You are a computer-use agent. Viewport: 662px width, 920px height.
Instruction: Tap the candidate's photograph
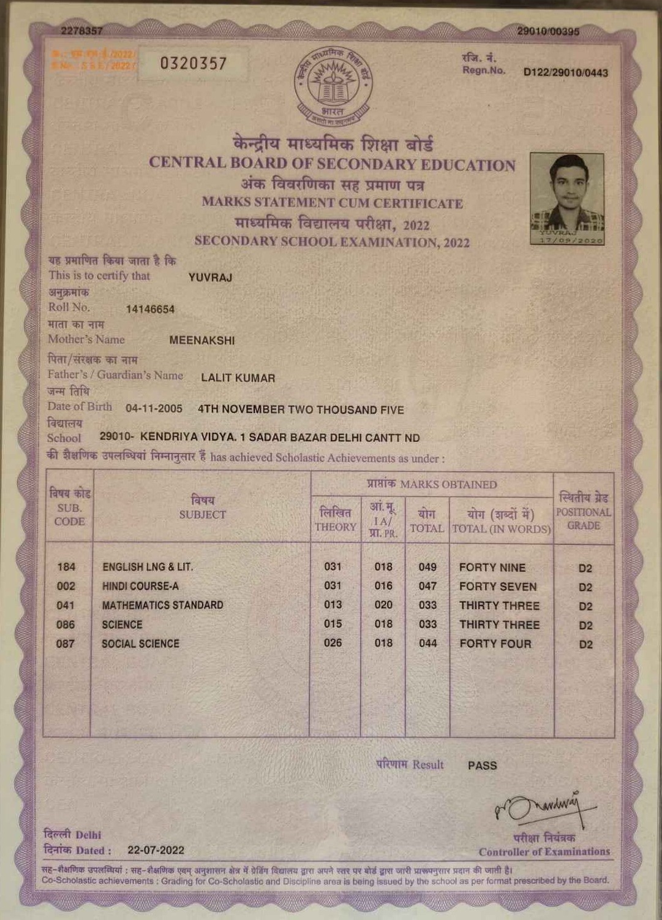click(567, 199)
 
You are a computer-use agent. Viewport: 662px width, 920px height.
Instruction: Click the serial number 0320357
click(194, 64)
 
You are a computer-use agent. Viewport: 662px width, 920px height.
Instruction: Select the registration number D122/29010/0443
click(565, 73)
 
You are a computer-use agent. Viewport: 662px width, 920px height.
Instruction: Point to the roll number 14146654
click(150, 310)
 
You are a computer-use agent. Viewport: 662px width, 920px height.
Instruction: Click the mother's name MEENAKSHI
click(202, 341)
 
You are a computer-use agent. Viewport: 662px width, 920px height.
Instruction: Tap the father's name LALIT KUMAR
click(238, 378)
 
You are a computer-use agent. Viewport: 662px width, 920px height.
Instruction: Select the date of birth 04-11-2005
click(154, 409)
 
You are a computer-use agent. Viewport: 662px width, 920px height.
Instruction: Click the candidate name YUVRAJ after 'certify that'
click(210, 278)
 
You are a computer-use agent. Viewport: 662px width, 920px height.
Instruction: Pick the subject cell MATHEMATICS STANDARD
click(162, 606)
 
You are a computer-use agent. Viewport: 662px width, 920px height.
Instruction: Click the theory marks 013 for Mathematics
click(333, 605)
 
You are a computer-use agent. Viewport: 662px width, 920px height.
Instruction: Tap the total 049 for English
click(427, 567)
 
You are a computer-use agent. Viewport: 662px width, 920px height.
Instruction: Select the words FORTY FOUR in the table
click(495, 644)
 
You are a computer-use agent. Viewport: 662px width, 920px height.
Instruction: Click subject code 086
click(66, 625)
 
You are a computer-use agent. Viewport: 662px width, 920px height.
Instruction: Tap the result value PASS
click(482, 766)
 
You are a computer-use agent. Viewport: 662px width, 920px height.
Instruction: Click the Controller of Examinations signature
click(542, 808)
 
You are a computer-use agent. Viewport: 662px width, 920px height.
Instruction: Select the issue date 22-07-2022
click(156, 850)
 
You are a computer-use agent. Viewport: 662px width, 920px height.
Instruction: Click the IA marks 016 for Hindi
click(383, 586)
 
